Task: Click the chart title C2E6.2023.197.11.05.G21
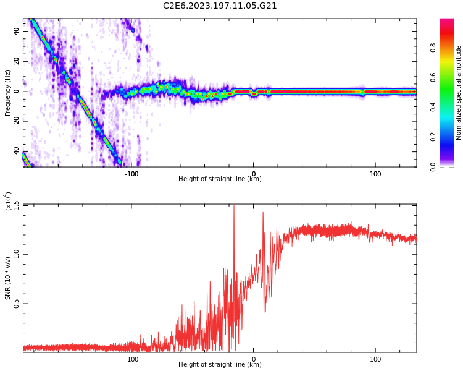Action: point(220,6)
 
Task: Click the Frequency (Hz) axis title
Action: point(8,93)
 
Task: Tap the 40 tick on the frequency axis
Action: point(17,31)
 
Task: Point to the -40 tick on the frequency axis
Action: point(15,152)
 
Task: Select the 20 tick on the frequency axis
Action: point(17,61)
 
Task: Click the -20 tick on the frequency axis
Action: point(15,122)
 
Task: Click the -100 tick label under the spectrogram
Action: point(131,174)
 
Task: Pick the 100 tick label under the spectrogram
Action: point(375,174)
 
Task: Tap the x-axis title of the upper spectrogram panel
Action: point(220,179)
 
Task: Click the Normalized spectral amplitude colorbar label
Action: point(459,93)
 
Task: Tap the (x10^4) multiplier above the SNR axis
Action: point(8,201)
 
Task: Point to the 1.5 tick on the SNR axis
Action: point(15,205)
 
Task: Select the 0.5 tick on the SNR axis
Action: point(15,304)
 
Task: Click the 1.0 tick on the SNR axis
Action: point(15,254)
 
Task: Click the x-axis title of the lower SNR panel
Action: point(220,364)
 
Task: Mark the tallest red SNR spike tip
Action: point(233,206)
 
